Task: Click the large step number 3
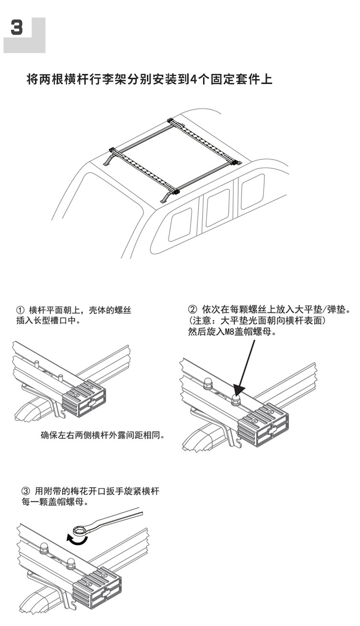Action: [x=17, y=27]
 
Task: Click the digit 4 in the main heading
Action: [x=194, y=79]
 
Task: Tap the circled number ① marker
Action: [x=21, y=311]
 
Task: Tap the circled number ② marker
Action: [x=192, y=310]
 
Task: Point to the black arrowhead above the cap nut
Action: [x=239, y=389]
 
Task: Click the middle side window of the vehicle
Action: [x=217, y=208]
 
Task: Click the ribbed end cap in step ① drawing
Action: [x=84, y=398]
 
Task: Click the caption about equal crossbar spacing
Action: [x=102, y=435]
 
